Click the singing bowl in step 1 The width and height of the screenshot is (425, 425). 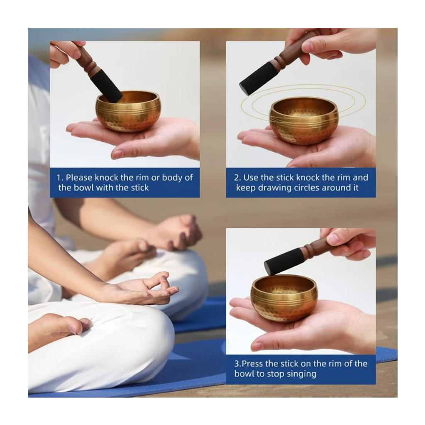pos(128,111)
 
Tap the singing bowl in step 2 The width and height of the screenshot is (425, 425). pos(304,120)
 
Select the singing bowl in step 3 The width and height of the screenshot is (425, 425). pos(284,298)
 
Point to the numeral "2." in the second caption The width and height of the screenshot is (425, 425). pos(237,178)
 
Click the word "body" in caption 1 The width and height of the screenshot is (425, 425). pos(172,178)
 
